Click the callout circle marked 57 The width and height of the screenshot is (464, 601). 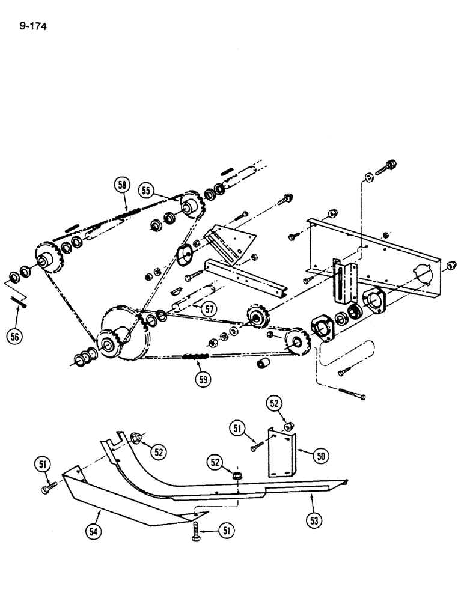[207, 310]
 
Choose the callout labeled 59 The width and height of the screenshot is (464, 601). [204, 379]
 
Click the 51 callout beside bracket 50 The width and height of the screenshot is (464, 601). [237, 428]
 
